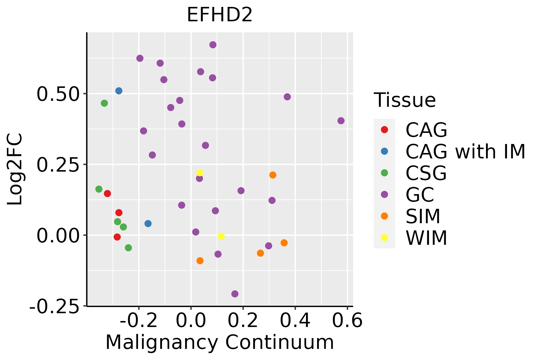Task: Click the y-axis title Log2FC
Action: pos(15,169)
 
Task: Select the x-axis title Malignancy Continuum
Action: pos(220,343)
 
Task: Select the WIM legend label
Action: pos(426,238)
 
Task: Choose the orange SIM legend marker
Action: pos(384,216)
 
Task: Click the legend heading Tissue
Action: pos(405,100)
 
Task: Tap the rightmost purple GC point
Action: pos(341,121)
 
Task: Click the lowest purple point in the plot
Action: pos(235,294)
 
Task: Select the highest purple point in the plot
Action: pos(213,45)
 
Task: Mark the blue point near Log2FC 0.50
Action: pos(119,91)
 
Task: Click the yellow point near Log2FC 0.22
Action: pos(199,172)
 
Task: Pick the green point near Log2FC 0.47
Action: pos(104,103)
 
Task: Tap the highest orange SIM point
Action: pos(273,175)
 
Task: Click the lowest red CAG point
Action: pos(117,237)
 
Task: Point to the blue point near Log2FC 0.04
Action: pos(148,223)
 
